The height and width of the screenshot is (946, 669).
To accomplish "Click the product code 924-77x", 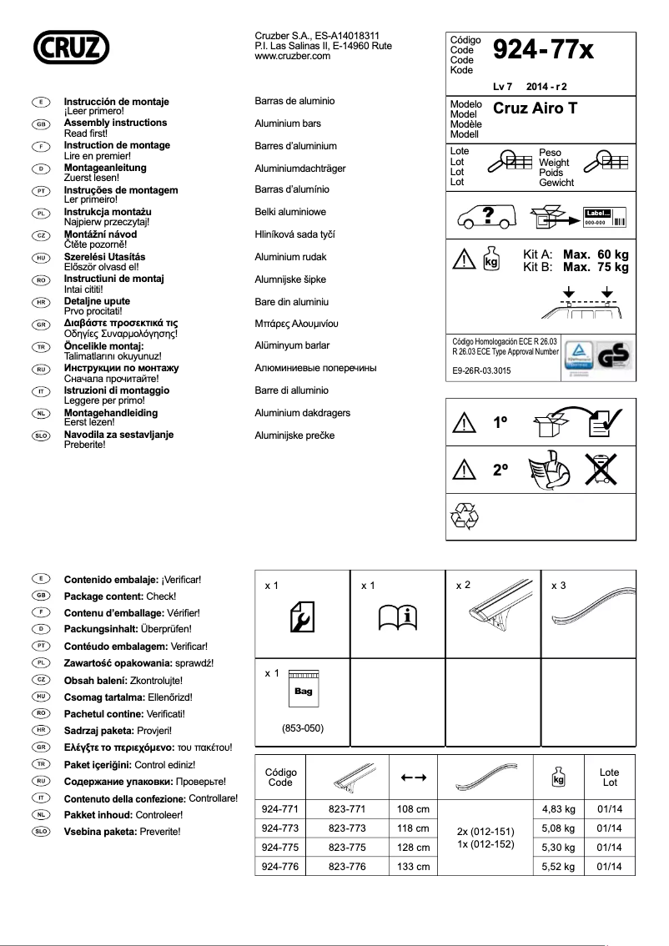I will (543, 52).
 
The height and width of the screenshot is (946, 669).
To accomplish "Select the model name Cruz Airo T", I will (536, 108).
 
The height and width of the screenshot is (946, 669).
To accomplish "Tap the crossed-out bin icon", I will (599, 469).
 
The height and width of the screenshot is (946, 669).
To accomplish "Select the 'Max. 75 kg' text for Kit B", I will (596, 268).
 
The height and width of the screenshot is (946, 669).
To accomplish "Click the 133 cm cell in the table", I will (412, 867).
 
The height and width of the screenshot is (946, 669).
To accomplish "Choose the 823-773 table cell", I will (347, 828).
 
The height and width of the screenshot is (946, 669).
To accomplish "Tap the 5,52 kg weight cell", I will (558, 867).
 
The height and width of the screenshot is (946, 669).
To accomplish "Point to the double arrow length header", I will (414, 777).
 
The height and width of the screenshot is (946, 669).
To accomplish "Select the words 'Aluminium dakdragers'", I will (302, 413).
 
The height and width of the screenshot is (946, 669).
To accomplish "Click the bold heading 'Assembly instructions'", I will (115, 123).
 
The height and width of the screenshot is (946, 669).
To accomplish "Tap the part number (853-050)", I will (303, 729).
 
